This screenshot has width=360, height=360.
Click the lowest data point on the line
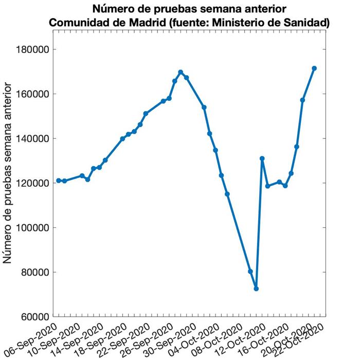[256, 289]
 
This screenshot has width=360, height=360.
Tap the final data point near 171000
[314, 68]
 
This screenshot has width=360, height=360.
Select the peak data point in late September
[181, 72]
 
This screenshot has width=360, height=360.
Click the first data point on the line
[59, 181]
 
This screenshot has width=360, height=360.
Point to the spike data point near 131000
[262, 158]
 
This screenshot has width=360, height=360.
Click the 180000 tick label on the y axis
[34, 50]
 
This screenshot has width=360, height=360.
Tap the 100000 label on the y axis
[34, 228]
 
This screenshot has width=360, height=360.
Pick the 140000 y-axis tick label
[34, 139]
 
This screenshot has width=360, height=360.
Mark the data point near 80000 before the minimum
[250, 272]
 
